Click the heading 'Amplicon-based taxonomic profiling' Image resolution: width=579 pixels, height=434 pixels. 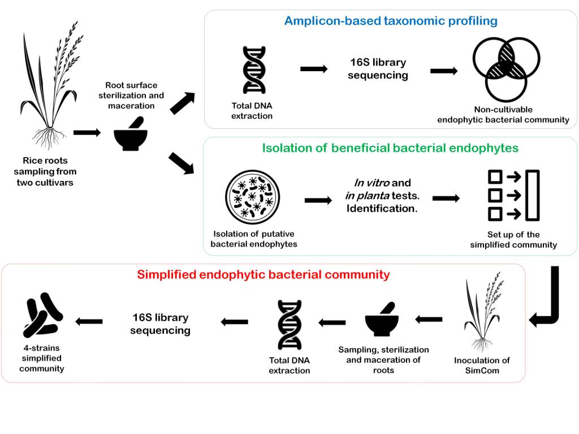[391, 21]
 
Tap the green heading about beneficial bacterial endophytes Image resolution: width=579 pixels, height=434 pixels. [390, 149]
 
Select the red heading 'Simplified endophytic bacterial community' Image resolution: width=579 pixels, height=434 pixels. [263, 275]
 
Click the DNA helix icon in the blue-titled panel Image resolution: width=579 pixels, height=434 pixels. [254, 70]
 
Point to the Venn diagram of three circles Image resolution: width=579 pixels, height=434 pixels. [506, 67]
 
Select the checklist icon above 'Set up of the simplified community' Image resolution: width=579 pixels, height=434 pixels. [513, 195]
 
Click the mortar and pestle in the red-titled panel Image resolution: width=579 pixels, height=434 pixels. [383, 319]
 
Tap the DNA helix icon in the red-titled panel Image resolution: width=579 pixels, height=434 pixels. [289, 325]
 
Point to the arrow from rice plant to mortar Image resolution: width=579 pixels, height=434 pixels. [87, 132]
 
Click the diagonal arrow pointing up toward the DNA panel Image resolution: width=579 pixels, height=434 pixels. [182, 103]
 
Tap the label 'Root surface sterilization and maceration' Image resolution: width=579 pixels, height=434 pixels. [131, 95]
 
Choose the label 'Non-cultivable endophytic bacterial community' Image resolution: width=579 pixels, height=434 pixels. [503, 115]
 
